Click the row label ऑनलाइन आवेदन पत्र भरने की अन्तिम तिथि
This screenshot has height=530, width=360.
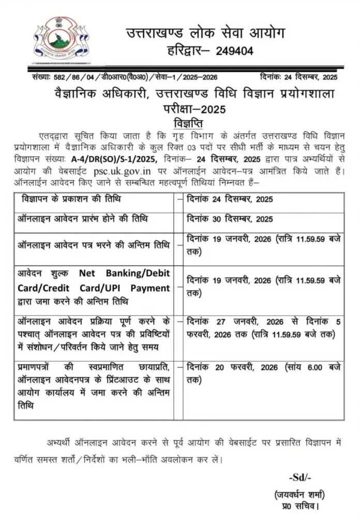(94, 245)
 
